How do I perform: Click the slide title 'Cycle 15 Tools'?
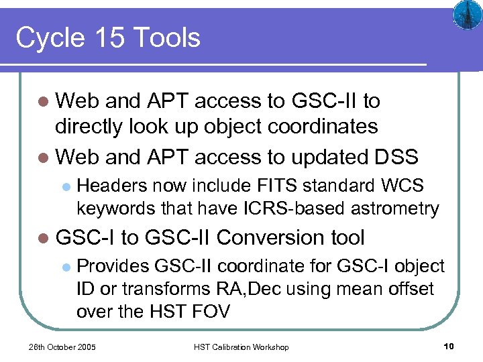108,38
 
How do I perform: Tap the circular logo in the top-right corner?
464,14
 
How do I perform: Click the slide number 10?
449,346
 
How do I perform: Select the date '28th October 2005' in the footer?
62,347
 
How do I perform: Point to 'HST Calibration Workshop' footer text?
241,347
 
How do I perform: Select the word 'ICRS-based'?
286,208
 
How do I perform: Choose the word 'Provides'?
113,266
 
